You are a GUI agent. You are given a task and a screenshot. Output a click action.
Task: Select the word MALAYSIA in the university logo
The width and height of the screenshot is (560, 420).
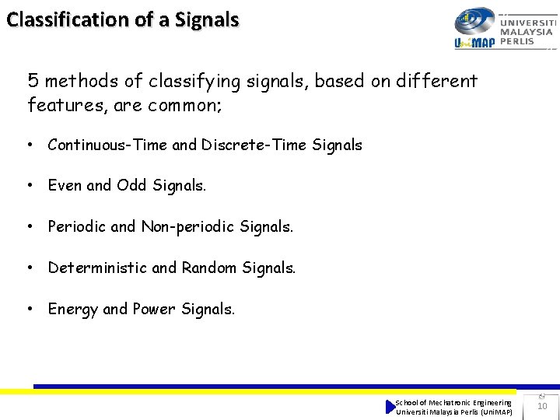(x=527, y=32)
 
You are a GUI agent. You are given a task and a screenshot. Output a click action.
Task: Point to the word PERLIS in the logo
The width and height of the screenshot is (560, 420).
(x=517, y=41)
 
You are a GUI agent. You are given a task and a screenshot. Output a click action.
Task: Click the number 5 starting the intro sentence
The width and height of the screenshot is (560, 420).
(x=33, y=81)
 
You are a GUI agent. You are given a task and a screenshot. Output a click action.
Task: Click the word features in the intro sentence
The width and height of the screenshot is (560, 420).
(x=66, y=105)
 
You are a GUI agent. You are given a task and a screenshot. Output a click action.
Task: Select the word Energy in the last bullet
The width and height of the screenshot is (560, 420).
(x=73, y=310)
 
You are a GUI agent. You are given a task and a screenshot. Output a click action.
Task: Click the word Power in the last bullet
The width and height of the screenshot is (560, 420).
(x=154, y=310)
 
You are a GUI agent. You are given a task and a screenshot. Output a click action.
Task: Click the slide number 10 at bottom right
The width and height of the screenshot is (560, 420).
(x=542, y=406)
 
